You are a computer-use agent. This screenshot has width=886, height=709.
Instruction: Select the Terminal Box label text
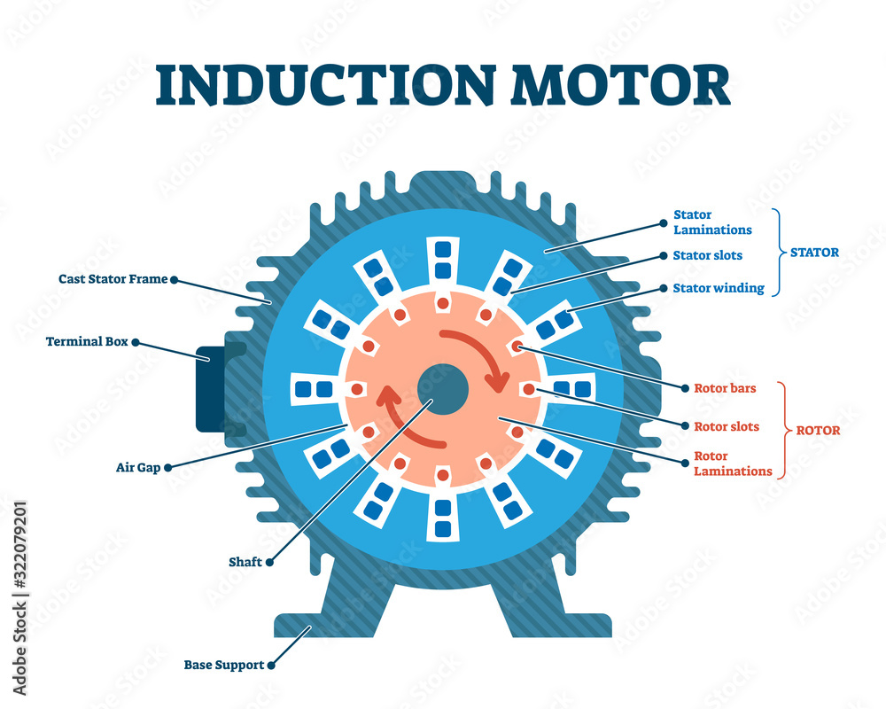tap(87, 340)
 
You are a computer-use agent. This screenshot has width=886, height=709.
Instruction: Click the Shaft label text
tap(245, 561)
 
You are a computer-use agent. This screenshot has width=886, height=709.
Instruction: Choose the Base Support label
tap(223, 665)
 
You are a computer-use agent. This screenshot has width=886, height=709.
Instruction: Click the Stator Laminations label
tap(711, 222)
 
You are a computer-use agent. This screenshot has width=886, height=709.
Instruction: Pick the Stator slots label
tap(707, 256)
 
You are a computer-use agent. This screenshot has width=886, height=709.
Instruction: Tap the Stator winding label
tap(718, 288)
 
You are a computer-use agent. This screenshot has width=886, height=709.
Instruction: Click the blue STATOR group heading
tap(813, 253)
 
